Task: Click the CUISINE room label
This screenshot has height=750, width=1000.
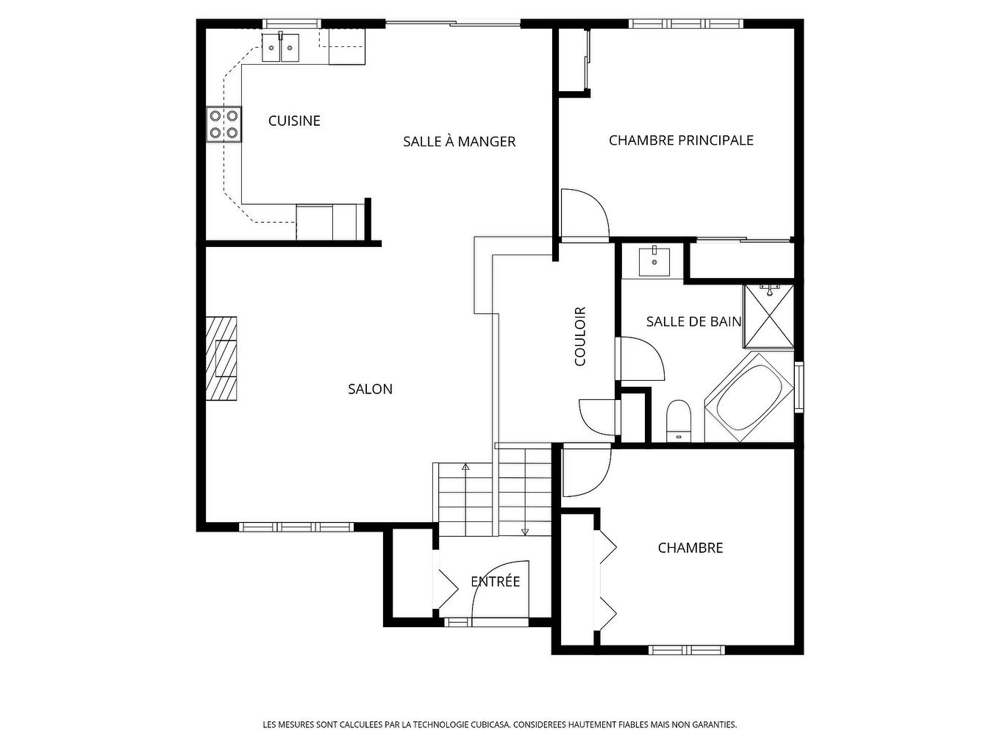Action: (294, 121)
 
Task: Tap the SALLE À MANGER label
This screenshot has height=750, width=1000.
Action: (459, 141)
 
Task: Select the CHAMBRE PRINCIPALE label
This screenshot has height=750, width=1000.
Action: (681, 140)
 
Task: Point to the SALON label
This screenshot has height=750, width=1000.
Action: (370, 389)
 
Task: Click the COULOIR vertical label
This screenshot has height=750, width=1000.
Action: (580, 336)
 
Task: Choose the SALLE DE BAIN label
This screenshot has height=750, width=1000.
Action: (693, 321)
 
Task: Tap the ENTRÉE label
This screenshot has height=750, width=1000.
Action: (495, 582)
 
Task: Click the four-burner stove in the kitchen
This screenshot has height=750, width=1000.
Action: (224, 124)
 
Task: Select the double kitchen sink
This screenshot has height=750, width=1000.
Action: (281, 48)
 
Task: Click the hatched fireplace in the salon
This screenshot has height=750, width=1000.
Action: (221, 359)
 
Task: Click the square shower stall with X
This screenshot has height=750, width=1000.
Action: (769, 315)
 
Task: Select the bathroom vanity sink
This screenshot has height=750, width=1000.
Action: (653, 261)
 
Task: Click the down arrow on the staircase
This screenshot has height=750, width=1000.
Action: (525, 531)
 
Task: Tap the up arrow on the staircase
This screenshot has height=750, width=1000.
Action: (465, 467)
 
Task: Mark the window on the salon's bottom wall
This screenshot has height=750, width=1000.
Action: (296, 526)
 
